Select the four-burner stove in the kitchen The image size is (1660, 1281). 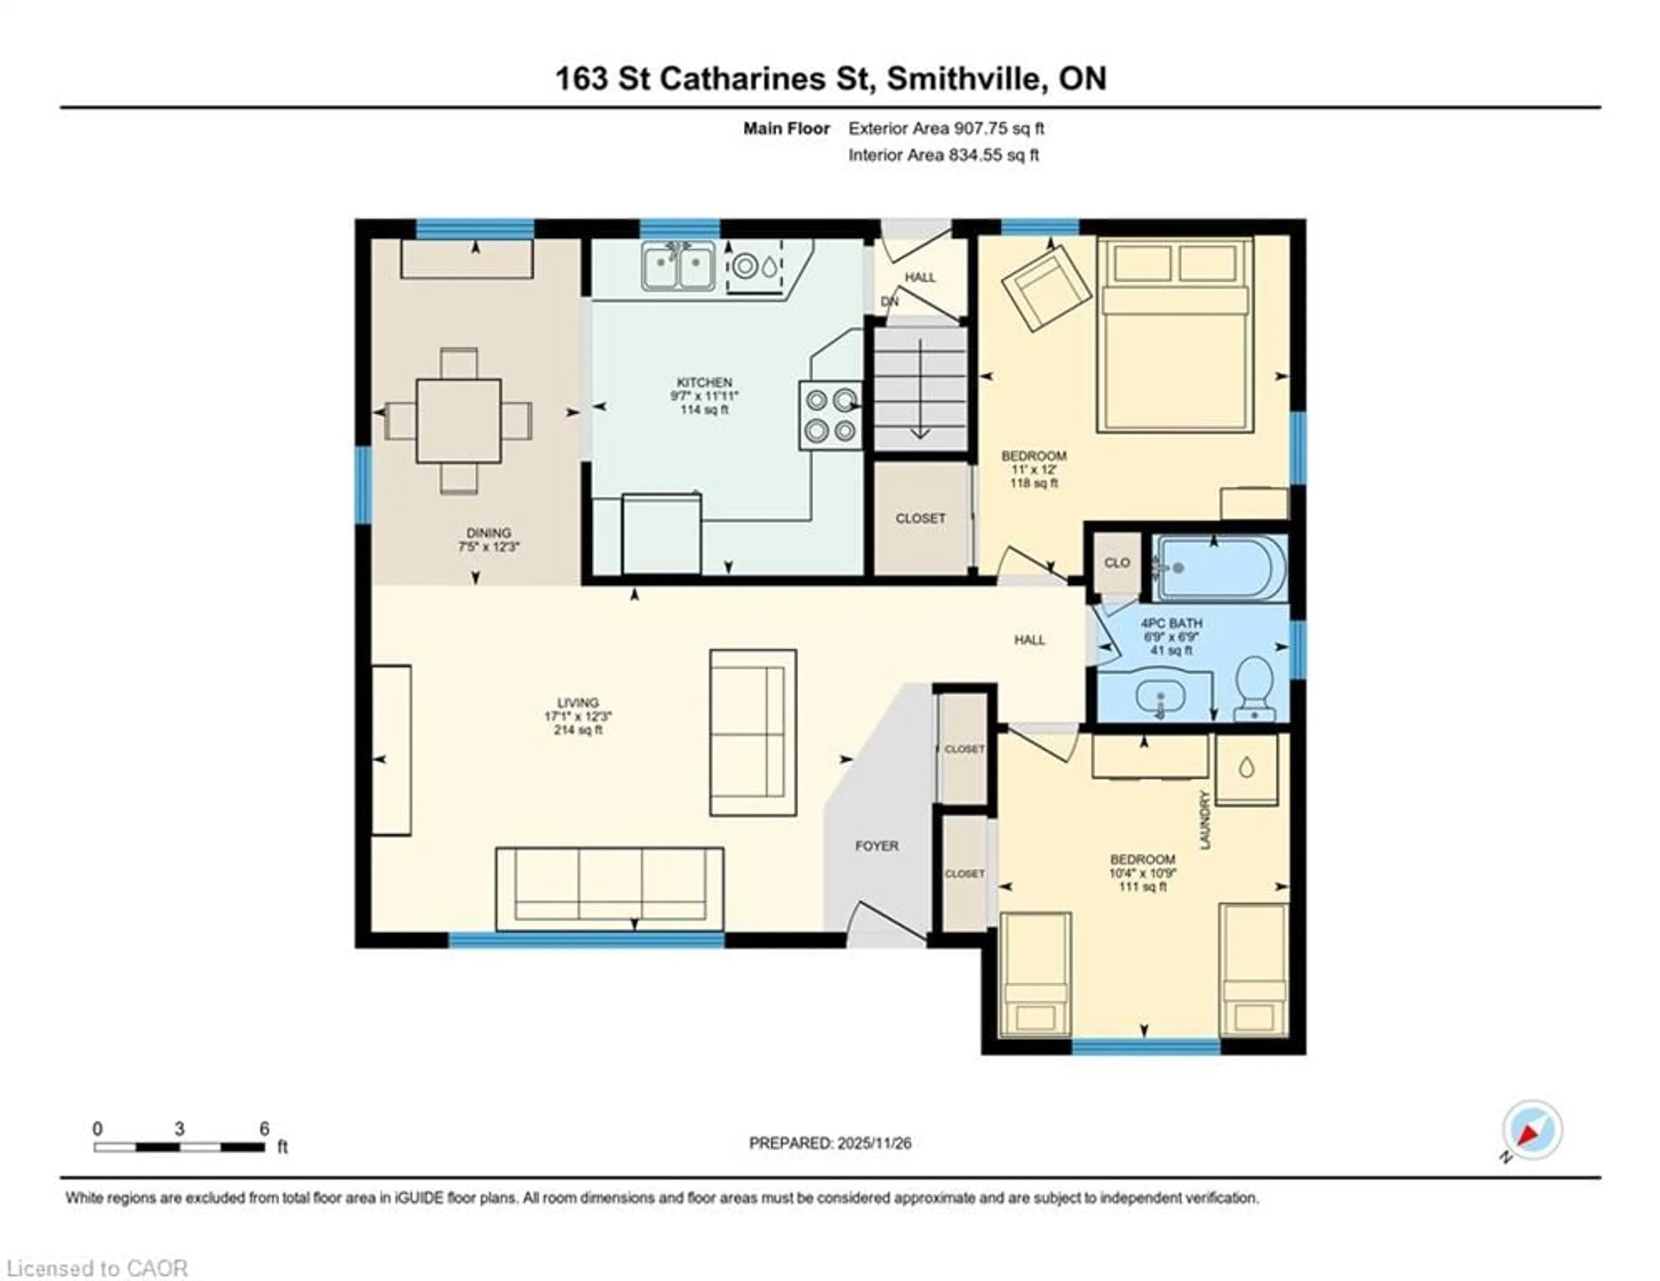830,415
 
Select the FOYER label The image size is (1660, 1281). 876,846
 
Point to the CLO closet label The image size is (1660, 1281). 1117,562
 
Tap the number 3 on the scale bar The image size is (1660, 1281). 179,1129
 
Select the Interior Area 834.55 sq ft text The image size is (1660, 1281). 943,155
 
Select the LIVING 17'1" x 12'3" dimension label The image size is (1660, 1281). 578,716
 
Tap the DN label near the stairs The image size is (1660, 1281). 889,302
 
